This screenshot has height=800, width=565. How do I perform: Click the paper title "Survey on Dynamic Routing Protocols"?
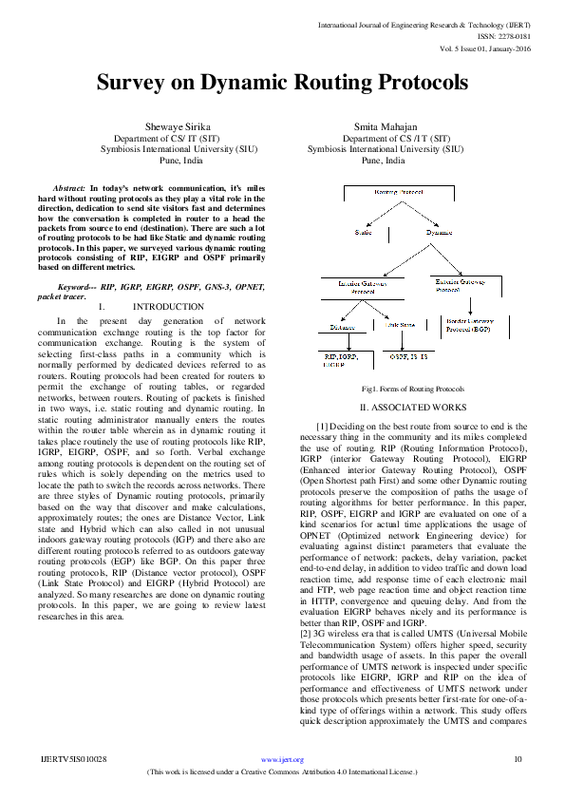[x=282, y=83]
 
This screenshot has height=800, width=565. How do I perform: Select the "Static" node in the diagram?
[x=364, y=232]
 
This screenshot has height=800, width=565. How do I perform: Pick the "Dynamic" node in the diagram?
[x=439, y=232]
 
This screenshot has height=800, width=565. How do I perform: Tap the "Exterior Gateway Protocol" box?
[x=462, y=285]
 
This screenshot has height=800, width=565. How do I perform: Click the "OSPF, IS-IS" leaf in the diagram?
[x=409, y=355]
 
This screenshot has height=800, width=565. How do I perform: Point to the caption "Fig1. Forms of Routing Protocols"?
[x=413, y=390]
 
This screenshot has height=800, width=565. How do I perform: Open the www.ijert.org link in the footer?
[x=282, y=758]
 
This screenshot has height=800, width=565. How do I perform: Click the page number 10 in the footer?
[x=518, y=758]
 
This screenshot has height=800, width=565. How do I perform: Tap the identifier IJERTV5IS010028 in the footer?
[x=73, y=758]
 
